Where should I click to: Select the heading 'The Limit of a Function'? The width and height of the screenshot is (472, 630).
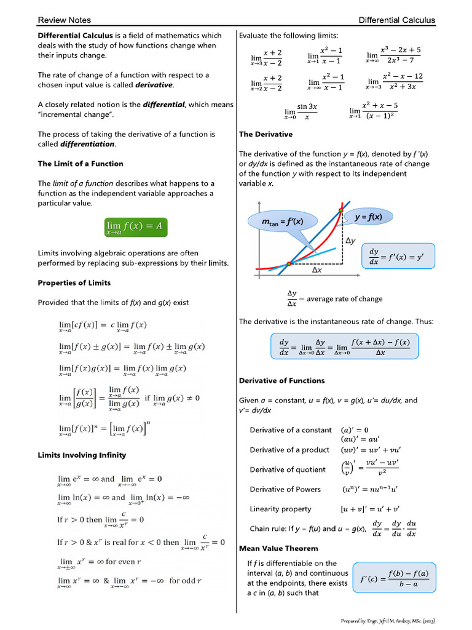point(81,164)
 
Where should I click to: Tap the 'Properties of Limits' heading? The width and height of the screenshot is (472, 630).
point(74,283)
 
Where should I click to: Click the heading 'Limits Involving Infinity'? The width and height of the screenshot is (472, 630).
point(82,455)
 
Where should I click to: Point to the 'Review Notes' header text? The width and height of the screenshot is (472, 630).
point(63,20)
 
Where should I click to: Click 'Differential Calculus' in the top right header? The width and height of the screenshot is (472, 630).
point(397,20)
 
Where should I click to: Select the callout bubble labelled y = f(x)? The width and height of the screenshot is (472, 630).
point(369,217)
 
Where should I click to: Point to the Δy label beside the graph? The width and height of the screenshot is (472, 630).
point(351,242)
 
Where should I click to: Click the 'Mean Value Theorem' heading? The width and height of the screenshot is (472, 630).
point(278,548)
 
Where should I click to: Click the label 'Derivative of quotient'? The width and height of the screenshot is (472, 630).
point(288,469)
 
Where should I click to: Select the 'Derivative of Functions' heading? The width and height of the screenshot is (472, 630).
point(281,381)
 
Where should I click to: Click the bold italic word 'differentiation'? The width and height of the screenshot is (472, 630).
point(87,144)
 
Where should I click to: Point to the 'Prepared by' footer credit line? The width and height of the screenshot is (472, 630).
point(388,621)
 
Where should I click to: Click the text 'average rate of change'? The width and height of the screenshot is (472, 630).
point(344,299)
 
